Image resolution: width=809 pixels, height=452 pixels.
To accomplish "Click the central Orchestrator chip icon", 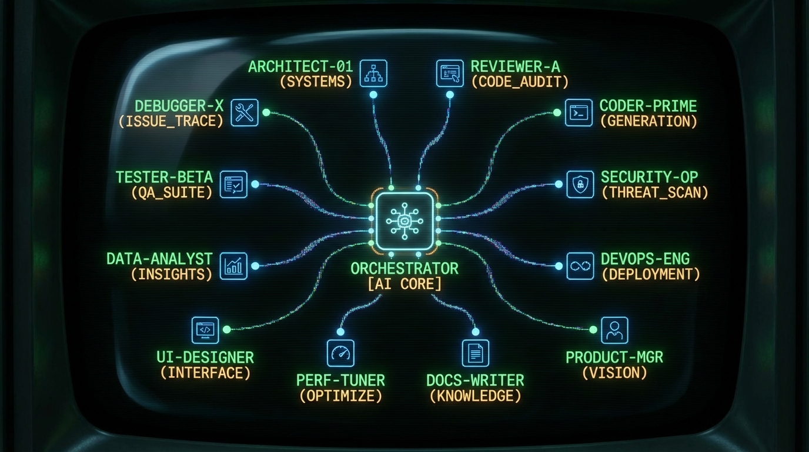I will [405, 220].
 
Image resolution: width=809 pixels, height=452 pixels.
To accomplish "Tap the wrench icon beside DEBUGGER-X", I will [244, 112].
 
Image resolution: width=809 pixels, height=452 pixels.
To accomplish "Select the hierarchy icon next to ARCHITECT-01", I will [373, 74].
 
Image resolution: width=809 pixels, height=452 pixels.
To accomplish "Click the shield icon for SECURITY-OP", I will [579, 184].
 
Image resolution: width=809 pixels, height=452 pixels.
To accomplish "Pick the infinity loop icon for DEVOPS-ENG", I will [579, 266].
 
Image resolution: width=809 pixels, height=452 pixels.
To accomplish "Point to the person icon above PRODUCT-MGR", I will [614, 330].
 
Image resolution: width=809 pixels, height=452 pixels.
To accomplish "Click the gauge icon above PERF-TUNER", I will [340, 353].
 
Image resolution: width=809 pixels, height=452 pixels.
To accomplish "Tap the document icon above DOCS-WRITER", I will [475, 353].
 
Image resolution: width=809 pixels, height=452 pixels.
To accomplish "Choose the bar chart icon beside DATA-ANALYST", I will [233, 266].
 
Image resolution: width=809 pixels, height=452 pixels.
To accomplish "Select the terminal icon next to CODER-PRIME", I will [579, 112].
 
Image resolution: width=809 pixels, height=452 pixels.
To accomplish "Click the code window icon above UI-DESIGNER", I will [205, 330].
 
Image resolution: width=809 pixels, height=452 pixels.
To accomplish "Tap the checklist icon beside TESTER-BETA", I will [233, 184].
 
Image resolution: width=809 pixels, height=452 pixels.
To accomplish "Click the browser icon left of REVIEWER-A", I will [450, 74].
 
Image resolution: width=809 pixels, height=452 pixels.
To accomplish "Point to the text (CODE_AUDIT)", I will [520, 82].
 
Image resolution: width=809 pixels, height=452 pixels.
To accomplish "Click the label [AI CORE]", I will [404, 284].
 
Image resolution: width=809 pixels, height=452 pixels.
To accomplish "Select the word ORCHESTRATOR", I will [404, 268].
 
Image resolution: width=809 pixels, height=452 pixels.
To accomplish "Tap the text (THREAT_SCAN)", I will [655, 192].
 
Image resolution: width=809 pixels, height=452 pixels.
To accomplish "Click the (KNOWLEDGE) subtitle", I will [475, 396].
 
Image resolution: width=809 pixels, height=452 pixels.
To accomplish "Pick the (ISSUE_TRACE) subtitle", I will [171, 121].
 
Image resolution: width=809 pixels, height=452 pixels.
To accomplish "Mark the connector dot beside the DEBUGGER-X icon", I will [266, 112].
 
